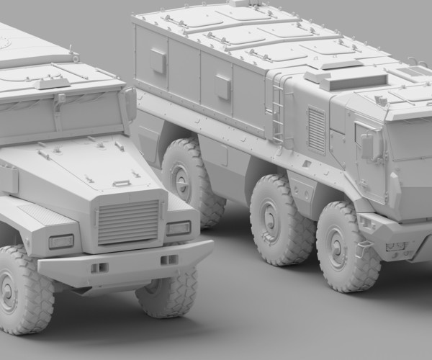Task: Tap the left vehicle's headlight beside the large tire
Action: (x=60, y=242)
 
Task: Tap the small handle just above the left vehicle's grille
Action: (x=122, y=184)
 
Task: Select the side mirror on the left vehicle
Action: (x=130, y=104)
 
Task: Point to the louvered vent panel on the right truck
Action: (x=316, y=130)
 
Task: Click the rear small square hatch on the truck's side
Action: (x=158, y=61)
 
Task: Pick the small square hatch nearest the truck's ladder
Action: (x=223, y=86)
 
